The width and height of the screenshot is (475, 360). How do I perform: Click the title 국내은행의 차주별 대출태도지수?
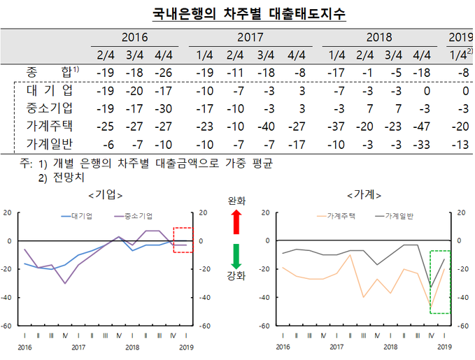coord(239,13)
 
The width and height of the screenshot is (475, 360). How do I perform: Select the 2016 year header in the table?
coord(134,38)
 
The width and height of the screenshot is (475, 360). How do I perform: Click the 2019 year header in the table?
coord(460,38)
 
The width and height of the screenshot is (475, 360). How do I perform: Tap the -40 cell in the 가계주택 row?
coord(265,127)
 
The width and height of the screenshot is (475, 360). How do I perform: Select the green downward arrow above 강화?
coord(236,256)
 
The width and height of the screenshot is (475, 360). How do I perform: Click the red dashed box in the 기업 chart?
coord(183,239)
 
